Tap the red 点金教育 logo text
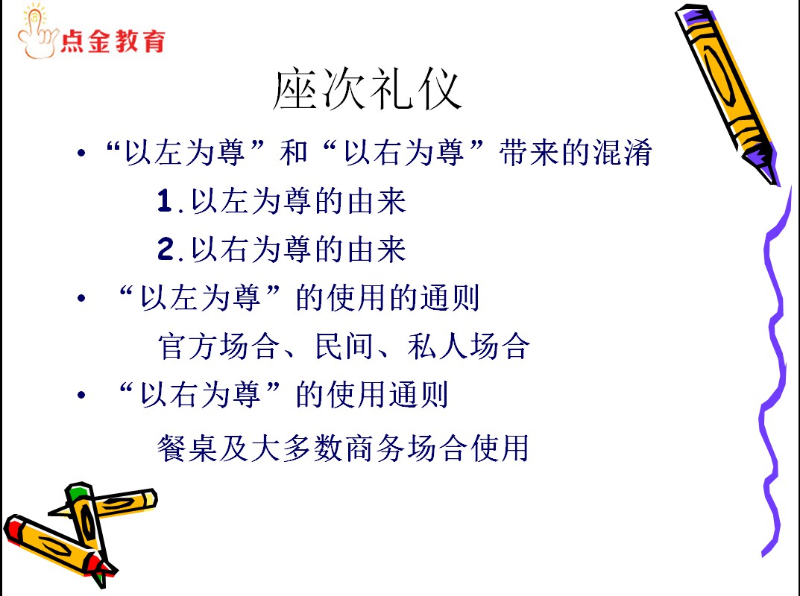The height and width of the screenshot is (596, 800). (x=113, y=41)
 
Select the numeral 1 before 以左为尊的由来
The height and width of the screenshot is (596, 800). (x=165, y=200)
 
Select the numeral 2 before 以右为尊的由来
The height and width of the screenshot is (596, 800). (x=166, y=249)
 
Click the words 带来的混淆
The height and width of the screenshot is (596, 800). (x=576, y=153)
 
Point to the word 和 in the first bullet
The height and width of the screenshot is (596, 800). (x=294, y=153)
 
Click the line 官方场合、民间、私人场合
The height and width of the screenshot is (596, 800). (x=344, y=346)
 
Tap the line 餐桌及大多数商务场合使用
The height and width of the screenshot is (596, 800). (x=343, y=448)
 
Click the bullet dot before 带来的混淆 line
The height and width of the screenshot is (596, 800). (x=81, y=152)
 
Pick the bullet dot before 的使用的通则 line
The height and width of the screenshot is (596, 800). (x=81, y=298)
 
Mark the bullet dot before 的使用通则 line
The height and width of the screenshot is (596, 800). (x=81, y=394)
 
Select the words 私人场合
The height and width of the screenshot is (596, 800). (x=469, y=346)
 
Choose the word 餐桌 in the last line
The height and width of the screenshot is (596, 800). (x=187, y=448)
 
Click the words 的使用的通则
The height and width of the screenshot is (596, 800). (x=388, y=298)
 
